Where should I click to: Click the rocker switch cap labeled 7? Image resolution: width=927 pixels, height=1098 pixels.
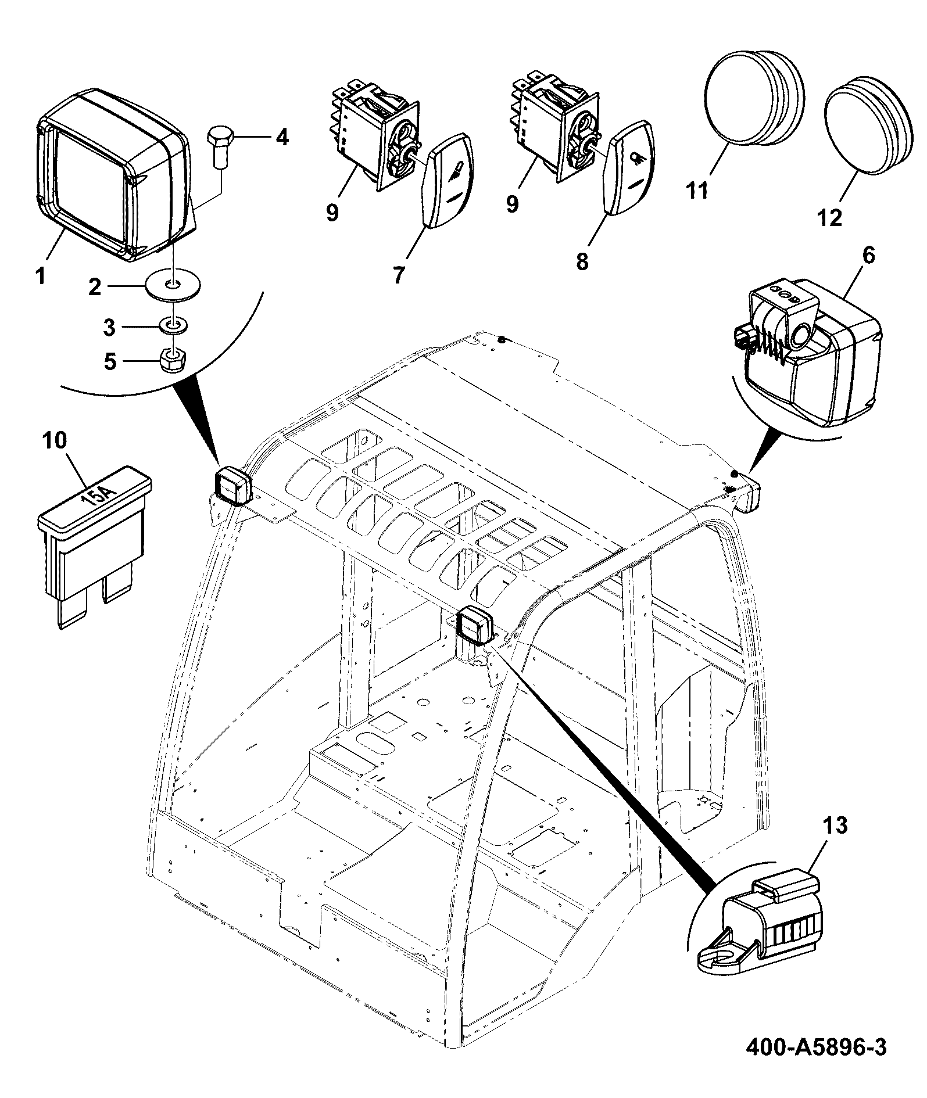(448, 180)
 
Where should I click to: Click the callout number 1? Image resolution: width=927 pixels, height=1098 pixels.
(40, 276)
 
